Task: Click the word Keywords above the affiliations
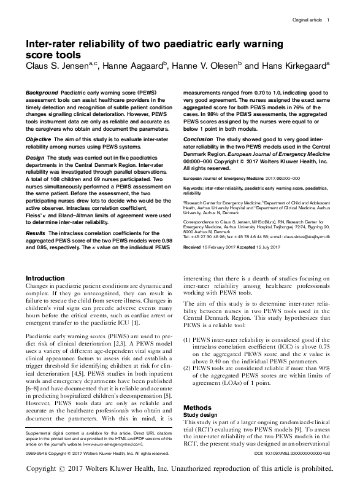(x=196, y=187)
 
